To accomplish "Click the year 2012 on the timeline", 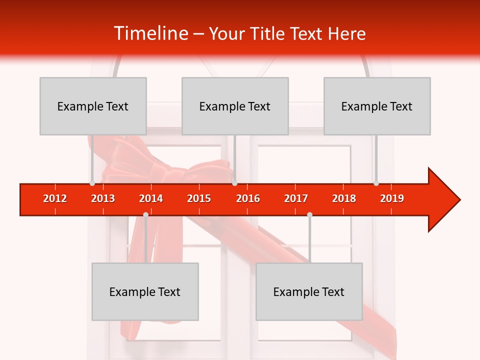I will pos(55,198).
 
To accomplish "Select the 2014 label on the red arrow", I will pos(151,198).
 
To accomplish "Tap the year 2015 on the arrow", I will pos(199,198).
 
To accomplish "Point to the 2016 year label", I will pos(248,198).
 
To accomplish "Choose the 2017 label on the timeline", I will pos(296,198).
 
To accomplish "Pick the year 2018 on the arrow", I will pos(344,198).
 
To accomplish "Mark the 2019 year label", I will pos(392,198).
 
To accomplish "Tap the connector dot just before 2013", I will pos(92,183).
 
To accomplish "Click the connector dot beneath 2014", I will pos(145,215).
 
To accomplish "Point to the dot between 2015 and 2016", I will pos(234,183).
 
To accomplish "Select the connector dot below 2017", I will pos(309,215).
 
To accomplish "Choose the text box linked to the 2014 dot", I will pos(145,291).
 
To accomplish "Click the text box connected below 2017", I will pos(309,291).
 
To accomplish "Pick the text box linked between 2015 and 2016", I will pos(235,106).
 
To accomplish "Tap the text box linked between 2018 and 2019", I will pos(377,106).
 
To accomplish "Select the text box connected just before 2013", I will pos(93,106).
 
